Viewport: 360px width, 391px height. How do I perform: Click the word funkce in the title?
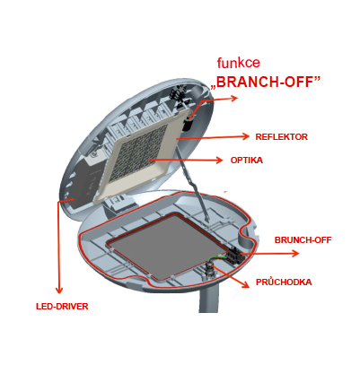tap(239, 63)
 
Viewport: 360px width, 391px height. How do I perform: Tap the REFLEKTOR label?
tap(281, 137)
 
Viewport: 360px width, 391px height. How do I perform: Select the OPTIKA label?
tap(247, 161)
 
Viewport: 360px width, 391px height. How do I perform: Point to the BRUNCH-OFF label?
tap(303, 240)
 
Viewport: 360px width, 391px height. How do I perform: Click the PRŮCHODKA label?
tap(284, 282)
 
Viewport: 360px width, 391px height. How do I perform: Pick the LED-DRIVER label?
tap(62, 307)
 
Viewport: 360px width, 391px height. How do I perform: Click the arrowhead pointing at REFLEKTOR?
tap(246, 136)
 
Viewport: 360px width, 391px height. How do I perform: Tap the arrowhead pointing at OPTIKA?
tap(220, 161)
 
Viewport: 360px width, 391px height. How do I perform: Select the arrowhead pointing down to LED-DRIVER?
tap(59, 290)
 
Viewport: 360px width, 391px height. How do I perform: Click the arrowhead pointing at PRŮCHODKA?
tap(245, 284)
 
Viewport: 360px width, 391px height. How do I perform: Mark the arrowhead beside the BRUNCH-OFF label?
tap(295, 254)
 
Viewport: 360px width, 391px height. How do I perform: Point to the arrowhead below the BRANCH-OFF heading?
tap(234, 98)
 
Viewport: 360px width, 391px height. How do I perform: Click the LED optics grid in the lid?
tap(137, 154)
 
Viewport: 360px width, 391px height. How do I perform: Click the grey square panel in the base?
tap(167, 247)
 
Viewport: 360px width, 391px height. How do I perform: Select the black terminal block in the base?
tap(233, 256)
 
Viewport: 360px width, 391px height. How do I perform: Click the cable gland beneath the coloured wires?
tap(209, 270)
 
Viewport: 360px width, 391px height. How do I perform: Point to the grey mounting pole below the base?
tap(209, 298)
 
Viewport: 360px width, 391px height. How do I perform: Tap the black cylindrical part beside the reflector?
tap(188, 125)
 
